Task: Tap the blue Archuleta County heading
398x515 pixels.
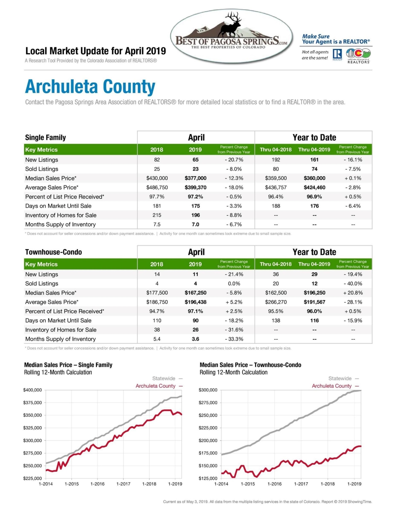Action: click(x=90, y=87)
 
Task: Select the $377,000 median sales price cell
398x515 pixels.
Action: click(x=195, y=178)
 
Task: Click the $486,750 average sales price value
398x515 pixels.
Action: click(x=157, y=188)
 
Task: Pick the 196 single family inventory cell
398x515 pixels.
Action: click(x=195, y=215)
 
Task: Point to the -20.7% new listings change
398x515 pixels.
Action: click(x=234, y=160)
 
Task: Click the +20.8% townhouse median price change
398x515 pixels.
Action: click(x=353, y=293)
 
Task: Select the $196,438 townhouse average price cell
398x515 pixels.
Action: click(x=195, y=302)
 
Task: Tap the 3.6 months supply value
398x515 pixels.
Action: click(x=195, y=339)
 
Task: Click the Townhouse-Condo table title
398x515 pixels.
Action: click(x=54, y=252)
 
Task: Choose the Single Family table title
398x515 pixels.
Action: click(x=46, y=137)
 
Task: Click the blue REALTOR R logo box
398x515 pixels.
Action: click(x=337, y=54)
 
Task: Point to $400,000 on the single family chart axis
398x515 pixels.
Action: click(x=32, y=390)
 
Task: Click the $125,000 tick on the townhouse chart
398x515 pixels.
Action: click(x=208, y=478)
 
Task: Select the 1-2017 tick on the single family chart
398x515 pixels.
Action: click(x=123, y=484)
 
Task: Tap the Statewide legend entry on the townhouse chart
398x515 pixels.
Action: click(x=343, y=379)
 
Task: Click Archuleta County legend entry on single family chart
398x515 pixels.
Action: click(x=159, y=386)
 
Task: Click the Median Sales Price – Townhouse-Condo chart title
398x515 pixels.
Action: click(x=250, y=365)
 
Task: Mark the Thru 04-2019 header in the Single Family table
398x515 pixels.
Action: click(x=314, y=150)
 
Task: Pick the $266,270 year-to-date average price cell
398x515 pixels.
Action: click(x=276, y=302)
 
